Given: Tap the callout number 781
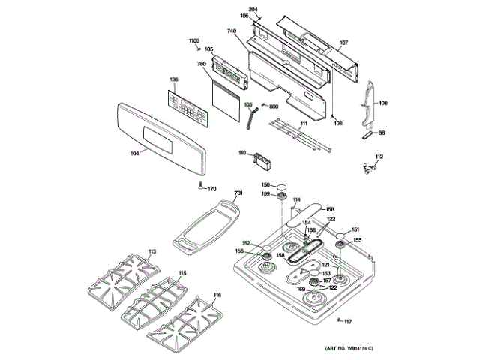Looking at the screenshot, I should (x=238, y=193).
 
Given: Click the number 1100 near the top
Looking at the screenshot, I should (x=193, y=40).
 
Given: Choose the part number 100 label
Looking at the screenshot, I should (x=383, y=103).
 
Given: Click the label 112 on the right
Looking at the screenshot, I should (x=379, y=156).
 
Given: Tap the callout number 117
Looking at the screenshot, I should (x=348, y=322).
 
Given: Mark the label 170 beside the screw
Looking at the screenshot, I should (x=212, y=189).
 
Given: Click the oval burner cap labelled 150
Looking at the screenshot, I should (x=282, y=185).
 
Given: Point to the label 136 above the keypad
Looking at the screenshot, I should (x=173, y=79).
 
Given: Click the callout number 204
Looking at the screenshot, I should (x=253, y=8).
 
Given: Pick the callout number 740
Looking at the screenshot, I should (x=231, y=31).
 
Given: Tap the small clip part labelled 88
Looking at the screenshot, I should (x=367, y=136).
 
